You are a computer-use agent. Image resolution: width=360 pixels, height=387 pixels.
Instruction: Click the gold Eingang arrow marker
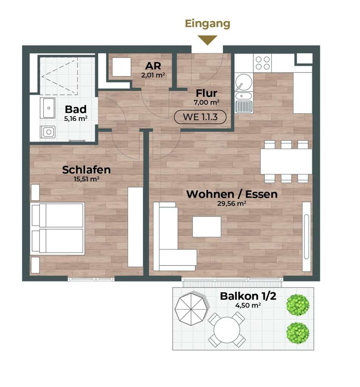[207, 39]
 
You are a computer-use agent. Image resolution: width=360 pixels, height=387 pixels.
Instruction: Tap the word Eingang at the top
[207, 24]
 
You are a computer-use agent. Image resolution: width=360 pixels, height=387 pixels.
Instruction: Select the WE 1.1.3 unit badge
[200, 117]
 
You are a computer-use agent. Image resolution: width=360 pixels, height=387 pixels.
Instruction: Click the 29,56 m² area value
[232, 204]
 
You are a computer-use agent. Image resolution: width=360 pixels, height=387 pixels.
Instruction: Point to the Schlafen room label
[86, 170]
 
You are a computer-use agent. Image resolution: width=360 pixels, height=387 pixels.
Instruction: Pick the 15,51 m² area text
[86, 179]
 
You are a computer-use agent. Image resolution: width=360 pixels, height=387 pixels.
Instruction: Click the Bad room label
[75, 109]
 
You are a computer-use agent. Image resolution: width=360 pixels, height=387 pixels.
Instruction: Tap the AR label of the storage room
[153, 66]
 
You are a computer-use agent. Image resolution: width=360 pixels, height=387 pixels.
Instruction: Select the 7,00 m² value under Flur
[207, 102]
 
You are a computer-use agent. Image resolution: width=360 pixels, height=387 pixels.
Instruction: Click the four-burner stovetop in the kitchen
[263, 63]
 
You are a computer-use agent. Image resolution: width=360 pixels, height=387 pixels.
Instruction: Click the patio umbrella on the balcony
[191, 309]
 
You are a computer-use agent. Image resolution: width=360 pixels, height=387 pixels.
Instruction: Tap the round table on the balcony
[227, 330]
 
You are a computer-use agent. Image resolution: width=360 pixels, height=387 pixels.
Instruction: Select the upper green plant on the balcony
[298, 305]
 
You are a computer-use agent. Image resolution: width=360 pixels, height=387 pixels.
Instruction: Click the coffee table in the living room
[207, 226]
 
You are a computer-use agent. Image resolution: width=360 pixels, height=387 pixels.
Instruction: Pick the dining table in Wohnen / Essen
[286, 161]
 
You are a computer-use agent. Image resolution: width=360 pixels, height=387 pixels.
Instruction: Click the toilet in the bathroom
[48, 132]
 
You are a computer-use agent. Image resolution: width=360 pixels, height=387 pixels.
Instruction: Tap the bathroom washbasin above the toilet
[48, 108]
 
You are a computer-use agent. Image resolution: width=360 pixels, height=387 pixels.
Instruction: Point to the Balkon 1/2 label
[248, 296]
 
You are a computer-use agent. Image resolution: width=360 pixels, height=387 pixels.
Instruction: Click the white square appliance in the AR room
[122, 67]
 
